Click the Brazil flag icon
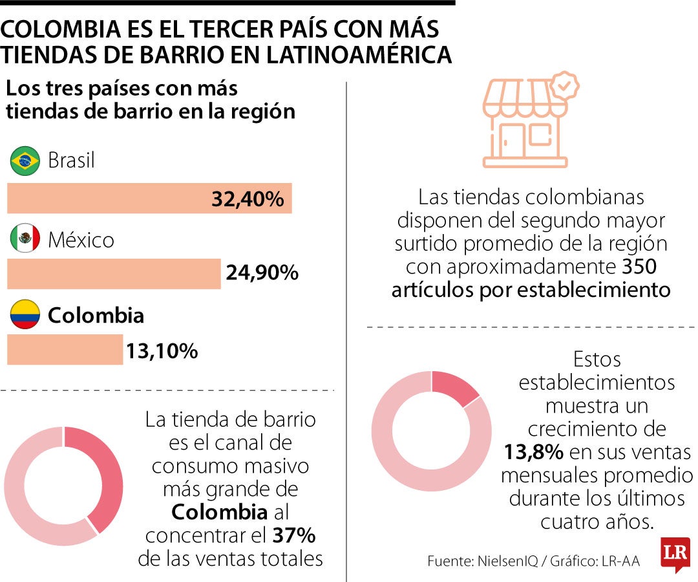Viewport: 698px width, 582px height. tap(25, 161)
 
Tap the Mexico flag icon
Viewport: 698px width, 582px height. tap(25, 238)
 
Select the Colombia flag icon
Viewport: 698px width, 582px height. tap(25, 314)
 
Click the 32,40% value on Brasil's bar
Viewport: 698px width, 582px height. tap(248, 199)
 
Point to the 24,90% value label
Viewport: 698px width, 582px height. tap(262, 272)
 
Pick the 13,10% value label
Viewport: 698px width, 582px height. tap(162, 351)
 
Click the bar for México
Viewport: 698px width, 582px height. tap(114, 274)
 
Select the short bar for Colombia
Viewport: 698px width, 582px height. tap(65, 350)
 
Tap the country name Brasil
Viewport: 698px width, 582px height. tap(71, 160)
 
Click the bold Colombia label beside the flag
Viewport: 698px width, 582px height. tap(96, 316)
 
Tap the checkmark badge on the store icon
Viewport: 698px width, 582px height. tap(564, 85)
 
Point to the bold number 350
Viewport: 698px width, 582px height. tap(639, 266)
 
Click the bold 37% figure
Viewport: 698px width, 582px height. tap(294, 535)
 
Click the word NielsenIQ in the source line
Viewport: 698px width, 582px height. tap(507, 561)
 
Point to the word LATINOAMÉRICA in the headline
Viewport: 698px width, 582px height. tap(359, 55)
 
